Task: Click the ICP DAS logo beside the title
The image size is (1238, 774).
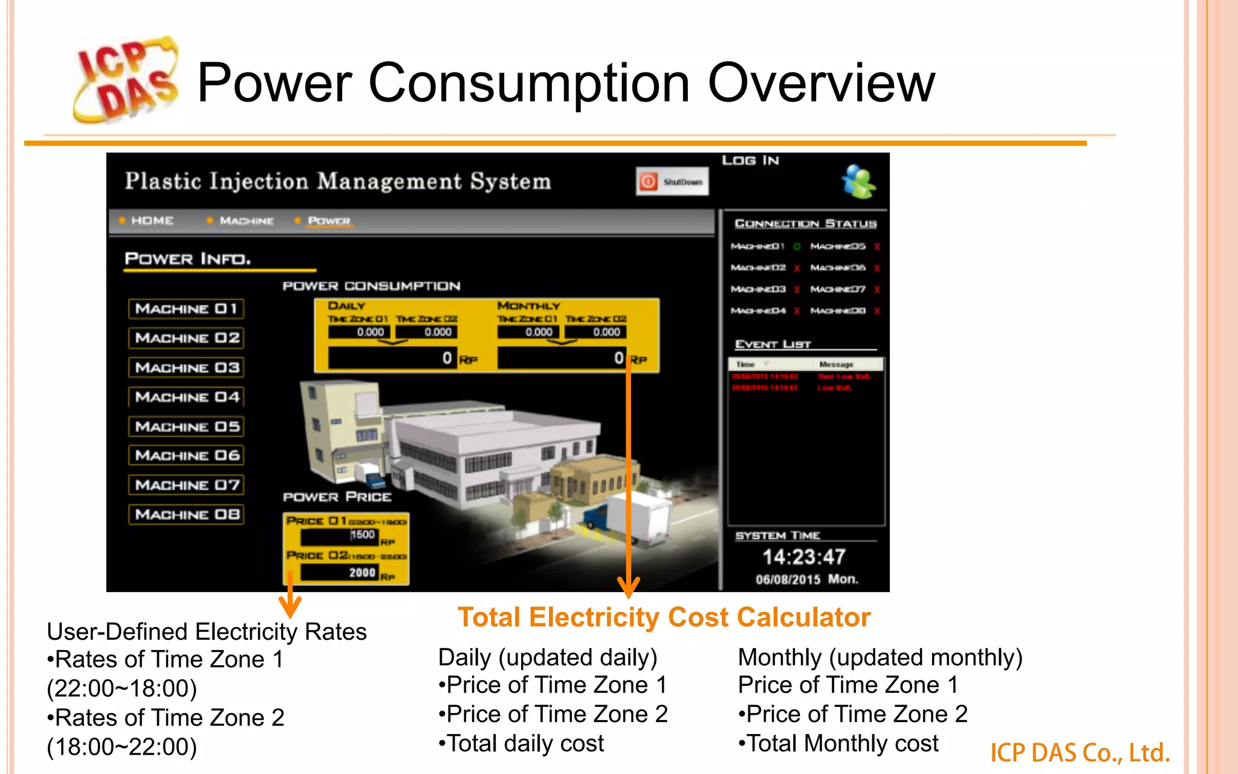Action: [x=126, y=80]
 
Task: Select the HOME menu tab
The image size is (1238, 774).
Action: [x=152, y=221]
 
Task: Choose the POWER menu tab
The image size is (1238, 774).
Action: [x=329, y=221]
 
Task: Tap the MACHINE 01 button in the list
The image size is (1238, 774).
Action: [x=186, y=309]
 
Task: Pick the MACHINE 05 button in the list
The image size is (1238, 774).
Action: [x=186, y=427]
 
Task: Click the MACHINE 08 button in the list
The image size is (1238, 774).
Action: [x=186, y=515]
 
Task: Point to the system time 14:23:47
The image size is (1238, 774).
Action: [x=803, y=557]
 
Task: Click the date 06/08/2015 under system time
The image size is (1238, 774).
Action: [x=788, y=580]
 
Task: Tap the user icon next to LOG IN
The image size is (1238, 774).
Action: [x=858, y=181]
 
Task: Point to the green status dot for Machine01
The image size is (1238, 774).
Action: [x=797, y=247]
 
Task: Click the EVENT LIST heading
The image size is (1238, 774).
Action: [x=773, y=345]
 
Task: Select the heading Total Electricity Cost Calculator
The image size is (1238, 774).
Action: [x=664, y=618]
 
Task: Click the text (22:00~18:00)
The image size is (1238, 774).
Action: [x=122, y=689]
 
